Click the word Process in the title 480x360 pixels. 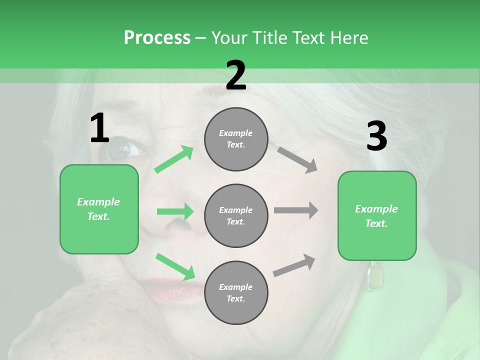(157, 37)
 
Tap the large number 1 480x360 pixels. (99, 128)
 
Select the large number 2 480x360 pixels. (236, 75)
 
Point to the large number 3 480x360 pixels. (376, 136)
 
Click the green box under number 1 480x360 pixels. (99, 209)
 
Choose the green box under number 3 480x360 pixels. (377, 215)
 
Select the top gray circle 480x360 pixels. (236, 139)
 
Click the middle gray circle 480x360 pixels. (236, 215)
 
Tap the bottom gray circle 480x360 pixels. (236, 292)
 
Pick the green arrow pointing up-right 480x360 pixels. (174, 159)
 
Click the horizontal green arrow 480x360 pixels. (175, 211)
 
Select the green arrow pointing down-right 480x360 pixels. (175, 266)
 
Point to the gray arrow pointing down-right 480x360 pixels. (297, 159)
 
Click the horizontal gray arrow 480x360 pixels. (295, 210)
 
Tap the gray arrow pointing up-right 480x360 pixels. (294, 265)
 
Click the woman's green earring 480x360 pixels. (372, 277)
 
